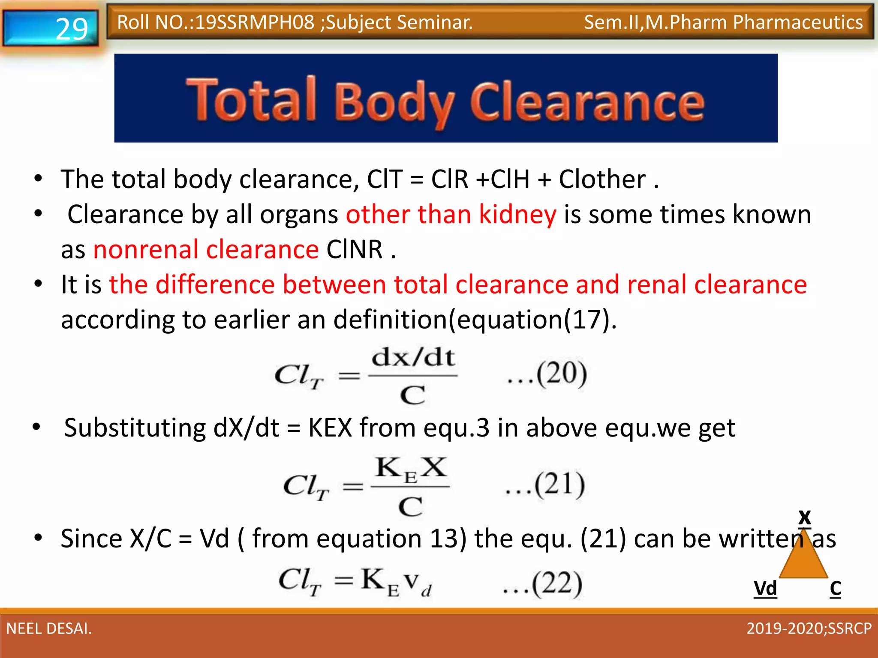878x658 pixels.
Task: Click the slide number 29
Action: pyautogui.click(x=72, y=29)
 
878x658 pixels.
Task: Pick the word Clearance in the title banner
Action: pyautogui.click(x=587, y=103)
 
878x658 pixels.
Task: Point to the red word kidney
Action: pyautogui.click(x=517, y=214)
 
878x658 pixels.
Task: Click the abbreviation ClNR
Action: pyautogui.click(x=355, y=249)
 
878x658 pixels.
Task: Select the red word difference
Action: pyautogui.click(x=215, y=284)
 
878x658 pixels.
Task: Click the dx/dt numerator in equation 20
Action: pyautogui.click(x=413, y=357)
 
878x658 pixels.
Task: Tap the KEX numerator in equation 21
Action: pyautogui.click(x=411, y=468)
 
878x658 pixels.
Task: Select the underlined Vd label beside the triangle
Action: pyautogui.click(x=765, y=589)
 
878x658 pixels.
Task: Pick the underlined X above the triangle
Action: pyautogui.click(x=805, y=517)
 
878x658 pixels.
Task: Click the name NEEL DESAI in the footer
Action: pyautogui.click(x=49, y=628)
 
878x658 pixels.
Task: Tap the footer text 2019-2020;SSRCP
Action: pyautogui.click(x=809, y=628)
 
